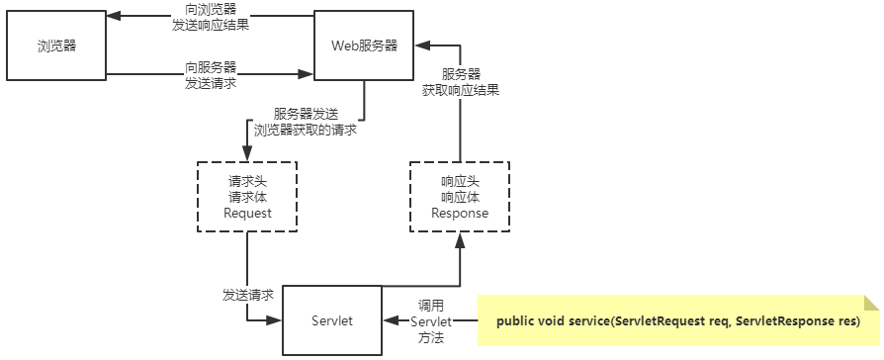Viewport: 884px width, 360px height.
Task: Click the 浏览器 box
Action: coord(56,45)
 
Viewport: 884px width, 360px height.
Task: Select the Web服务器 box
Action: coord(364,45)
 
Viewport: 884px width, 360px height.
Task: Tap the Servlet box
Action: coord(333,321)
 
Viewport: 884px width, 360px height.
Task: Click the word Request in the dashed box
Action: coord(247,213)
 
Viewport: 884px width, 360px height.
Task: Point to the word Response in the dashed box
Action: coord(461,213)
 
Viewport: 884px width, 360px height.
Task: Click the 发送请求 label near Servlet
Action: coord(247,295)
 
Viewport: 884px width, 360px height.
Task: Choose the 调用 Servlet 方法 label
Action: coord(431,321)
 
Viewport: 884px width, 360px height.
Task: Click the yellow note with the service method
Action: coord(678,321)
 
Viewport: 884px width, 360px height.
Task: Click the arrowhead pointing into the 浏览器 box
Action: coord(112,17)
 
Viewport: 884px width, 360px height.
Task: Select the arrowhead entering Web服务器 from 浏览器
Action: coord(307,74)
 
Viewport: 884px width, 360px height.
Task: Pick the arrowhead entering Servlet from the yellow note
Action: coord(390,321)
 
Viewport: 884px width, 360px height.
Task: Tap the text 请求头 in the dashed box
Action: coord(247,181)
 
